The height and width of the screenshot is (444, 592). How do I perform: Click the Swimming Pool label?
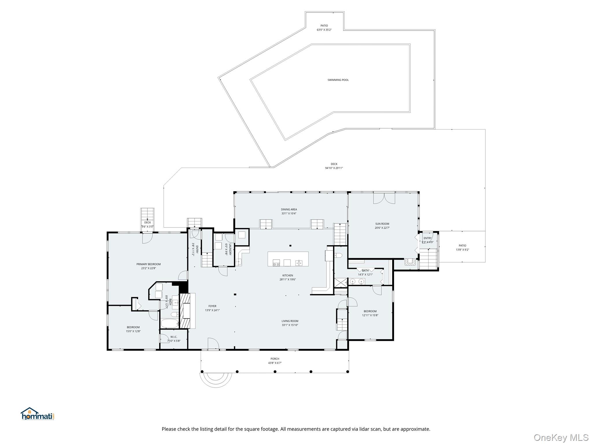(x=338, y=80)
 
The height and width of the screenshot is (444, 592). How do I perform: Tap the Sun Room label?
(x=382, y=224)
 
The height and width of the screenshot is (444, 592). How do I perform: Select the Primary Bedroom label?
(x=149, y=264)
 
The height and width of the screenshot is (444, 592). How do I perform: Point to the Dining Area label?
(x=289, y=210)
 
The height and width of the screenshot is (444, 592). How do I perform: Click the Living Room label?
(x=290, y=321)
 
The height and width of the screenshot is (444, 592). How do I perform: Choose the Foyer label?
(x=212, y=306)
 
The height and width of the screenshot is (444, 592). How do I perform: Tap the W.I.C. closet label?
(x=174, y=337)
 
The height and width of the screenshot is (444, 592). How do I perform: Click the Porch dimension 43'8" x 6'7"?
(x=275, y=363)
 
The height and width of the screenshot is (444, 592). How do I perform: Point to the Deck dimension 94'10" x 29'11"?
(x=334, y=168)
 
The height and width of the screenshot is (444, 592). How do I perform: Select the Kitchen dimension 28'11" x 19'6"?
(x=288, y=280)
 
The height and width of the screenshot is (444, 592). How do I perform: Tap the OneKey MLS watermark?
(x=561, y=437)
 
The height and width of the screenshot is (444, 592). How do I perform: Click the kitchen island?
(x=288, y=259)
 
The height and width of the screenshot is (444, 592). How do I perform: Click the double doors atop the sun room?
(x=384, y=198)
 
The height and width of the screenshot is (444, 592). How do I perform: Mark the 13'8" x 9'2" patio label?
(x=462, y=248)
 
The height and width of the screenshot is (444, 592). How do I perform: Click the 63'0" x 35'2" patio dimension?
(x=324, y=30)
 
